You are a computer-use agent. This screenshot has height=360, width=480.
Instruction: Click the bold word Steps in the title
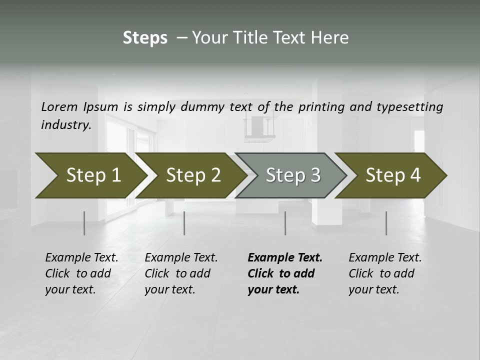point(145,38)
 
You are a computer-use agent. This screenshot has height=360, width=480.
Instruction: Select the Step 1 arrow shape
point(90,175)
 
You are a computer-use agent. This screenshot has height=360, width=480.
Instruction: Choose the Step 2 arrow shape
point(190,175)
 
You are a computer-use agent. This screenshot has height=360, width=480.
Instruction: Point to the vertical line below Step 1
point(84,223)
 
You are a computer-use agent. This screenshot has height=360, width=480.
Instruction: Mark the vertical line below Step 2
point(184,223)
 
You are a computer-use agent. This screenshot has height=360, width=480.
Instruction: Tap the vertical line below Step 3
point(285,223)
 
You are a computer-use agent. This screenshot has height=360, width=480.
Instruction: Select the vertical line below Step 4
point(386,223)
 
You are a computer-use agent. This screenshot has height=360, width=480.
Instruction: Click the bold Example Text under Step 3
point(284,273)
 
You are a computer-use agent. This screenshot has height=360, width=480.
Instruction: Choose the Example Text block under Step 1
point(81,273)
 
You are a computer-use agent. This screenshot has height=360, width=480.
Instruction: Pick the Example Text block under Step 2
point(181,273)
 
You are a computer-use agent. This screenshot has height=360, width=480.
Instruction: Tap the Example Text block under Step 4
point(385,273)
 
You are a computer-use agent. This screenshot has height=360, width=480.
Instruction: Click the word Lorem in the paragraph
point(59,107)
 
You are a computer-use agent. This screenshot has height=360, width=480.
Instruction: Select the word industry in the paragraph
point(65,125)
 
